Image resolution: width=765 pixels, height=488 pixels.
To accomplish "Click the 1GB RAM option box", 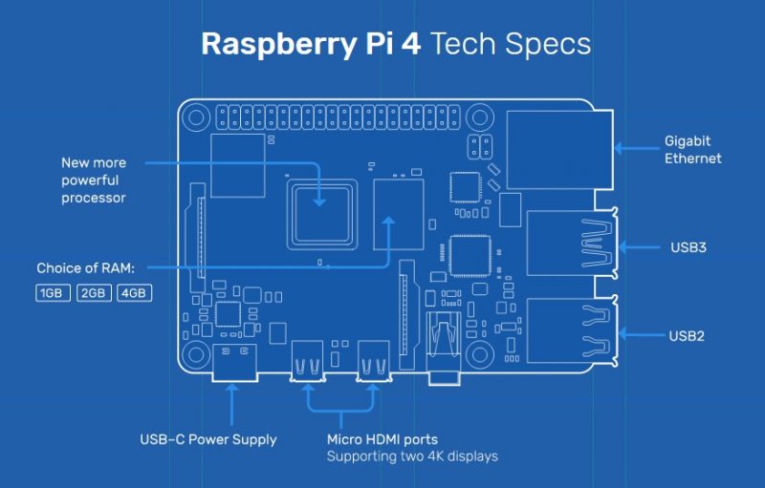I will pos(54,293).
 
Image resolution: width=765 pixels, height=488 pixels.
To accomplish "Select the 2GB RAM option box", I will pos(94,293).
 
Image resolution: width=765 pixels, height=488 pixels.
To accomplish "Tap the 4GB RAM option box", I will pos(134,293).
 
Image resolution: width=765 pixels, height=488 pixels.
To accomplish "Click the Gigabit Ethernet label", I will pos(693,150).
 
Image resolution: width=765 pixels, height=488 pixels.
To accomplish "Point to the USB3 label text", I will pos(689,247).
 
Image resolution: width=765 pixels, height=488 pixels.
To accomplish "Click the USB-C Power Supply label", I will pos(208,439).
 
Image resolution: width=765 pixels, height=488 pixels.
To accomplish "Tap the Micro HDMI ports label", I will pos(382,439).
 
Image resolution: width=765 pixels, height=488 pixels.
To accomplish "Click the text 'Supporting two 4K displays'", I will pos(412,456).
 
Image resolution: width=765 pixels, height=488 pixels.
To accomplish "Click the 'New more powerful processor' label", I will pos(94,180).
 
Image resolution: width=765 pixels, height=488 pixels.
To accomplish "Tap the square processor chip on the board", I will pos(320,206).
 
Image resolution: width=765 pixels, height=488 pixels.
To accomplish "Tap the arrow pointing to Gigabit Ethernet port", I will pos(634,148).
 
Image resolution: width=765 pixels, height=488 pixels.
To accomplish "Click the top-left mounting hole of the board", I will pos(196,119).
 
